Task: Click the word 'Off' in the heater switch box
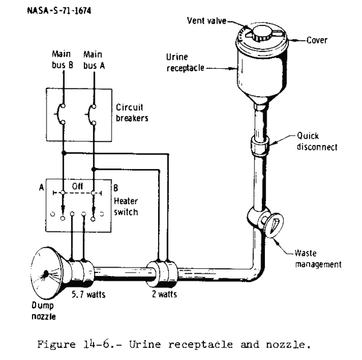click(x=78, y=187)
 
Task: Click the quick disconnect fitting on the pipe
click(x=261, y=147)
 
